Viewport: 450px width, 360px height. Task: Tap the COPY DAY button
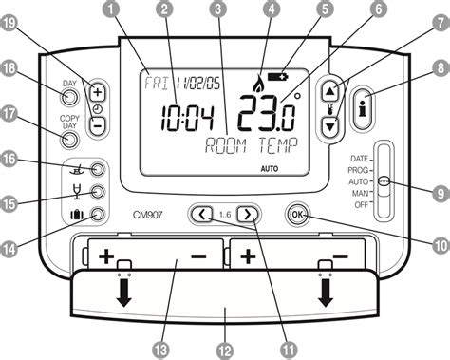tap(69, 140)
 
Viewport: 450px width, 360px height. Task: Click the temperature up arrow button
tap(329, 92)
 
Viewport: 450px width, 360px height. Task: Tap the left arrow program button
tap(202, 214)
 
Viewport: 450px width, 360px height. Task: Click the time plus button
tap(98, 92)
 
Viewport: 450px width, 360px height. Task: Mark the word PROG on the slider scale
tap(359, 169)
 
